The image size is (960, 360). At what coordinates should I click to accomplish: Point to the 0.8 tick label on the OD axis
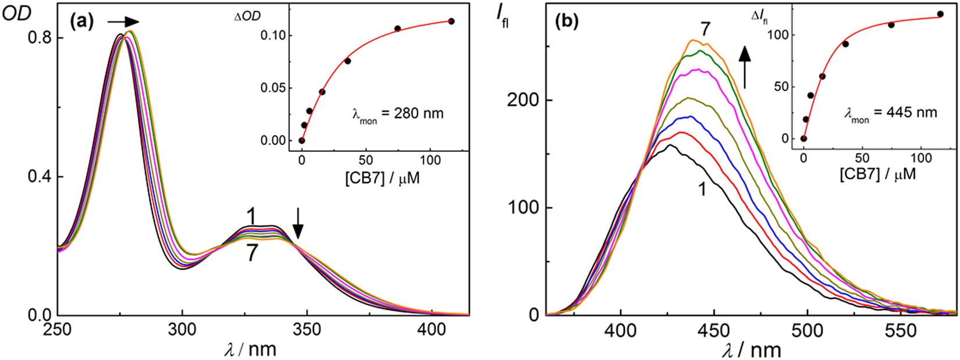pos(38,38)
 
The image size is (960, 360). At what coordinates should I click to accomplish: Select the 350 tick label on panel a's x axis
pos(307,330)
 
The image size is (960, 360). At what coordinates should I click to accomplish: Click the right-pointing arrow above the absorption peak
pos(123,22)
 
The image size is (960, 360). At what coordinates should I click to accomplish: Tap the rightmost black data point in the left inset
pos(451,22)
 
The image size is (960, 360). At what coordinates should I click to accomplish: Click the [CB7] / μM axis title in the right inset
pos(877,173)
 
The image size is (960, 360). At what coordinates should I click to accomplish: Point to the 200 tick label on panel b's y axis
pos(524,101)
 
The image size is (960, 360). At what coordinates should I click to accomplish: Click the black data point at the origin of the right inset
pos(803,138)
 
